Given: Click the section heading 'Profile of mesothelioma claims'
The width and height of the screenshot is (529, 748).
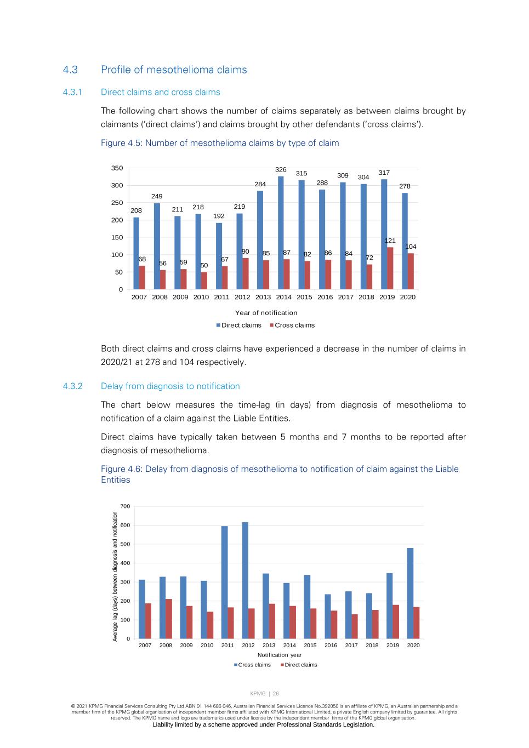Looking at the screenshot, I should (x=174, y=70).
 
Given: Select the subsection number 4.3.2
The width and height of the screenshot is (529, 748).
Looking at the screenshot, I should (x=72, y=386).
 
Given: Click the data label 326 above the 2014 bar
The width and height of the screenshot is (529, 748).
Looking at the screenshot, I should (x=281, y=170).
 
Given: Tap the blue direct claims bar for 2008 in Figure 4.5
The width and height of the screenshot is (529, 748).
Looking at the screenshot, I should (x=157, y=247).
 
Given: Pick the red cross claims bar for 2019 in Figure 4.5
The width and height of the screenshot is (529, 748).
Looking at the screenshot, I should (x=390, y=269).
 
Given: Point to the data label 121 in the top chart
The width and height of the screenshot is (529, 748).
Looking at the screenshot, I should (x=390, y=241).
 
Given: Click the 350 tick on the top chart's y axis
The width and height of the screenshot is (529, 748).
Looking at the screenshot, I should (x=117, y=168).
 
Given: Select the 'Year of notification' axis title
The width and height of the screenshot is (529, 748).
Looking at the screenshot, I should (x=266, y=313).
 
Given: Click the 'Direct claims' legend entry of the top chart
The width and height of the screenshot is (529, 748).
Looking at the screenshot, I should (x=241, y=326).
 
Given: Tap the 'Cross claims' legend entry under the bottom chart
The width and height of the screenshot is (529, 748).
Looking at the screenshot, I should (x=254, y=665).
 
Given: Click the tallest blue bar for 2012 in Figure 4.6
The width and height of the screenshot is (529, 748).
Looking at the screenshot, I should (x=245, y=581).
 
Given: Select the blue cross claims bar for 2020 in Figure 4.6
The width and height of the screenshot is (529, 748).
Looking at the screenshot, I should (x=410, y=593).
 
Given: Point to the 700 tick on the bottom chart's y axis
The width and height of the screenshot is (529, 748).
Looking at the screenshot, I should (x=126, y=506).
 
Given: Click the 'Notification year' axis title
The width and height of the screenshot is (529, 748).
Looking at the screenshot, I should (x=280, y=655).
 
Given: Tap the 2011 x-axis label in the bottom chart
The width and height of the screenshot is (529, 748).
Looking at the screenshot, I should (x=227, y=646).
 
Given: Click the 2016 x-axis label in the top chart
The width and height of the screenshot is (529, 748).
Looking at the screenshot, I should (x=325, y=297).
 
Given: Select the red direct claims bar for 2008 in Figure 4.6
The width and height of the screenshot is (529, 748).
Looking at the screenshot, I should (x=169, y=619).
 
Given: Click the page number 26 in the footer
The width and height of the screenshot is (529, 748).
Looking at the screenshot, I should (x=276, y=694).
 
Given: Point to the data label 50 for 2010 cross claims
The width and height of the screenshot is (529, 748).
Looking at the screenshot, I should (x=204, y=265).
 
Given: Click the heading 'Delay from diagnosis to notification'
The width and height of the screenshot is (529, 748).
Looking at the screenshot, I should (x=170, y=386).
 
